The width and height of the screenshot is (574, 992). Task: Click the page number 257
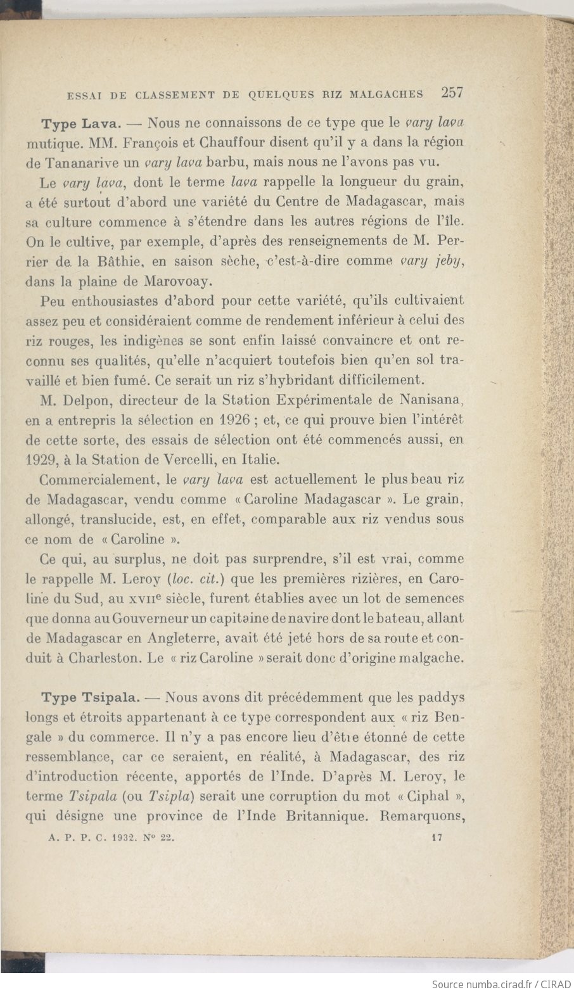click(452, 92)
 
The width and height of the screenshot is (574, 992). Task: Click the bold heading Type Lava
click(81, 123)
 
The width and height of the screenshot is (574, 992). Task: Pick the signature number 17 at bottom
click(436, 837)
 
